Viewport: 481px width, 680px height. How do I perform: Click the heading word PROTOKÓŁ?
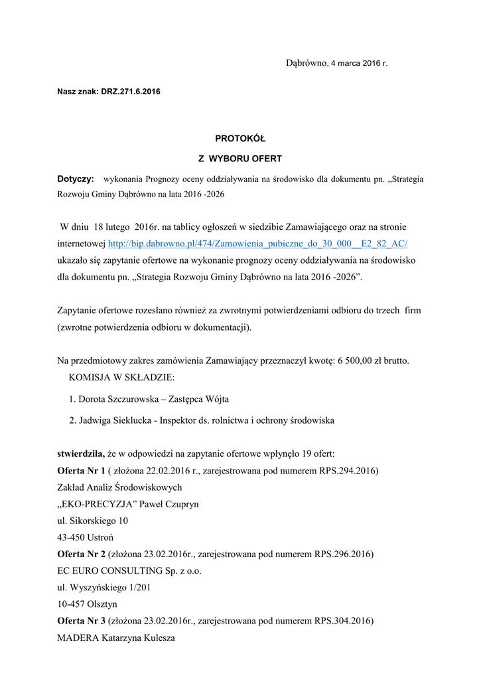[240, 139]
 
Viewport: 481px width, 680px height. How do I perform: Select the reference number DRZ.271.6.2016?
[131, 90]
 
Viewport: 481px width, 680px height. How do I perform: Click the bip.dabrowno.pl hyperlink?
[257, 244]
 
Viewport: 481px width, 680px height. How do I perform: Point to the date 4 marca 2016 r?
[359, 63]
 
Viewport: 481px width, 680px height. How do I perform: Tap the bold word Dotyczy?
[76, 179]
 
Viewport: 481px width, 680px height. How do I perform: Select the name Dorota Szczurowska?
[121, 399]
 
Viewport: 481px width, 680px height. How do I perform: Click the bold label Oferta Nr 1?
[81, 471]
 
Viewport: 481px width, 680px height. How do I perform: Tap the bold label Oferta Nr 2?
[81, 554]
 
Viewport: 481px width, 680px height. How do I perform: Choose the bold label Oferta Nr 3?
[81, 621]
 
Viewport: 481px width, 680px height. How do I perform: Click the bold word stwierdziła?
[80, 454]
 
